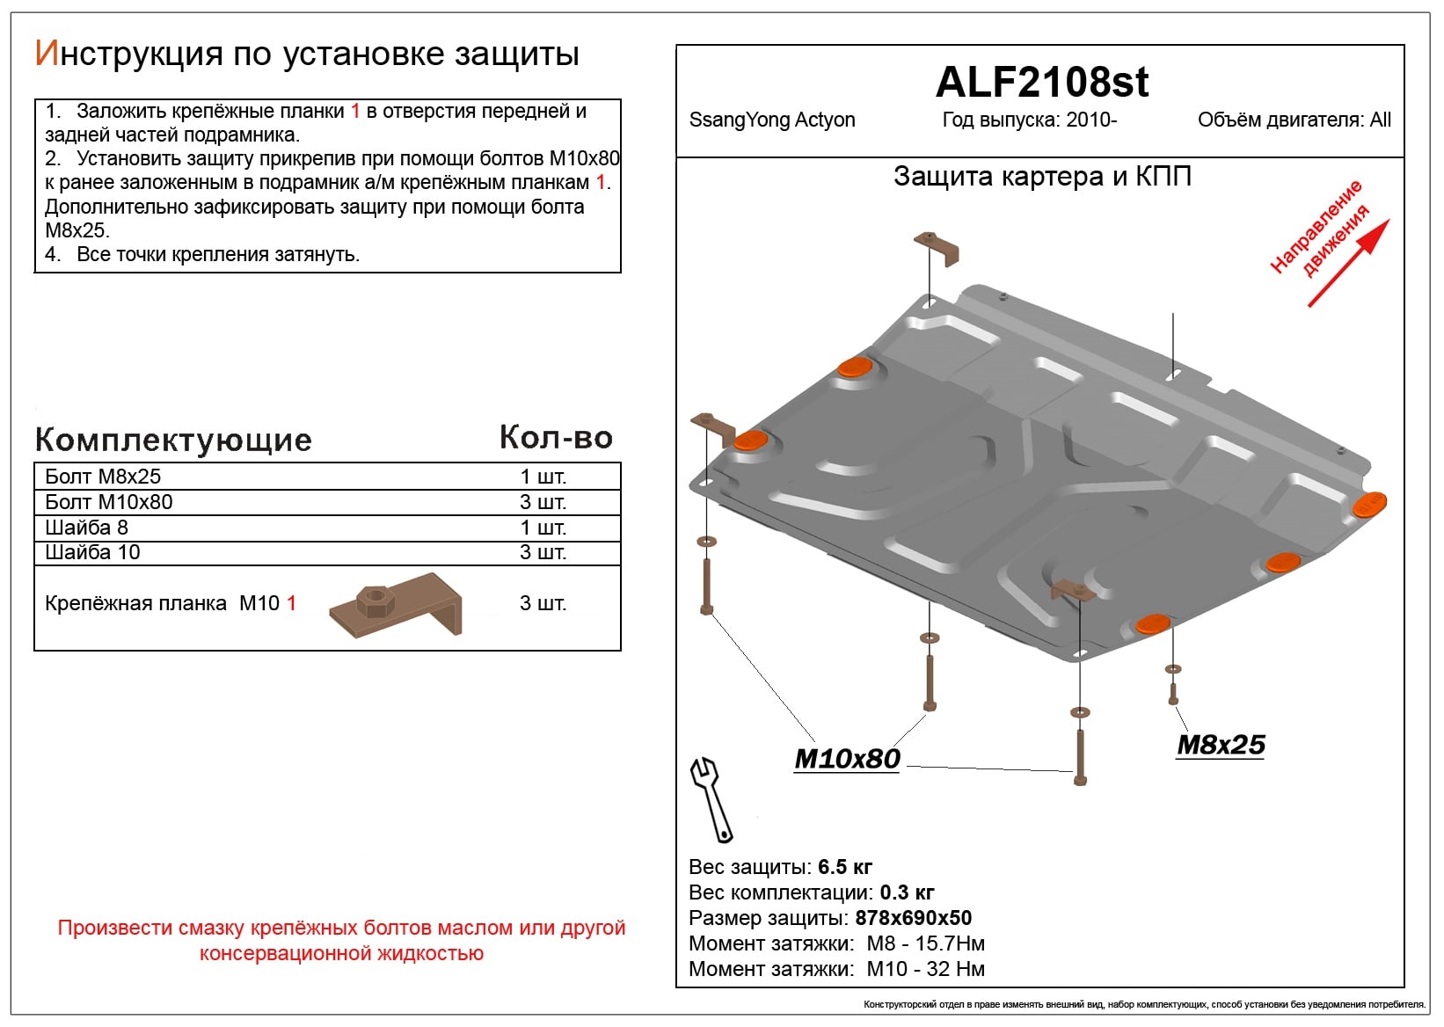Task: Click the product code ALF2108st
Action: [1041, 83]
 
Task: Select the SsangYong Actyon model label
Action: [771, 120]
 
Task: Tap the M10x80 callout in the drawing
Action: [847, 759]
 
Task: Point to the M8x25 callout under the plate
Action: [1221, 745]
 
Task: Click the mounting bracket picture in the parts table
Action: [396, 606]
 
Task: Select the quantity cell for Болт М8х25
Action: [543, 477]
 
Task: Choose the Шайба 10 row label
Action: [92, 552]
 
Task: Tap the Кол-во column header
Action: [556, 438]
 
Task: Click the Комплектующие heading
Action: [173, 440]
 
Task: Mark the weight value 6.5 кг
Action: [844, 867]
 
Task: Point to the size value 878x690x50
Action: [913, 918]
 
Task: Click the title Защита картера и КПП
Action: [1042, 177]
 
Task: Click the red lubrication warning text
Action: [341, 940]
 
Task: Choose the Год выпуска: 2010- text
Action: [1029, 120]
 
